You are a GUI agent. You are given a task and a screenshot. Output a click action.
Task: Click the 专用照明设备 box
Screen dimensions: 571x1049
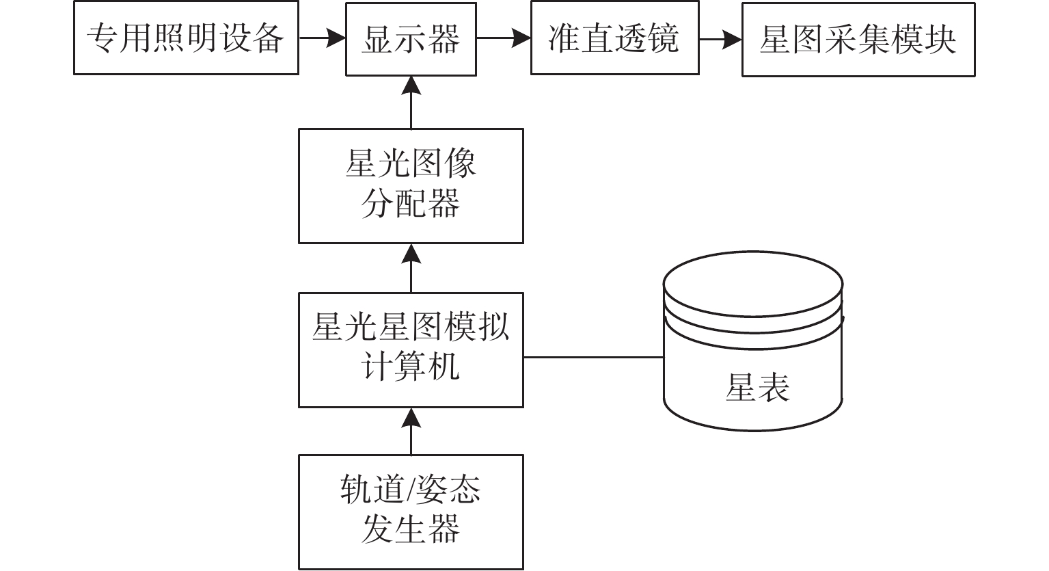coord(186,38)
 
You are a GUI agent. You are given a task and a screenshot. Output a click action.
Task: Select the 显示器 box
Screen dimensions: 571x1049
coord(411,38)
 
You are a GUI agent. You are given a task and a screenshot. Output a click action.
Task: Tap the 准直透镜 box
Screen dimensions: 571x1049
coord(614,38)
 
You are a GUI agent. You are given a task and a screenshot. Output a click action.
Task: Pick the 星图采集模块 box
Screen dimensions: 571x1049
coord(858,38)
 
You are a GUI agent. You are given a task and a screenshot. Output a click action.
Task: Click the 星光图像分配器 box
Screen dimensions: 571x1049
coord(411,185)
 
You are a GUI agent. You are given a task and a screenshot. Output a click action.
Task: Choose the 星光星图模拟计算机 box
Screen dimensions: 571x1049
coord(411,349)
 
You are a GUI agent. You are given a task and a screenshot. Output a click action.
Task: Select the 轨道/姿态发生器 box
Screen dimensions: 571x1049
coord(411,512)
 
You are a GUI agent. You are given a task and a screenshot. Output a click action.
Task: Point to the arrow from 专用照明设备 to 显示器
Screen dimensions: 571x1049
coord(322,38)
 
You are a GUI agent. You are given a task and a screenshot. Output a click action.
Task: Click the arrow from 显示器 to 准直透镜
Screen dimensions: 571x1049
coord(504,38)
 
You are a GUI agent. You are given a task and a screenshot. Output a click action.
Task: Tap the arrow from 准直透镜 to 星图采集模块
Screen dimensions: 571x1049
coord(720,38)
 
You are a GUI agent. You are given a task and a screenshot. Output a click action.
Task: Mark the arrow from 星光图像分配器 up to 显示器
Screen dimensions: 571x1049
coord(411,103)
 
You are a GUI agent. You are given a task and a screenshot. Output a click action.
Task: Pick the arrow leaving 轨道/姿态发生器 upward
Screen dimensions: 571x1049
coord(411,431)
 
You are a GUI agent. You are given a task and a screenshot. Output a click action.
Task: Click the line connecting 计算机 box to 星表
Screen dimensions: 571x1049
coord(593,357)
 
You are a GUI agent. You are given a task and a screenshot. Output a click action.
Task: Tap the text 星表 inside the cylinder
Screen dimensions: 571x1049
coord(757,387)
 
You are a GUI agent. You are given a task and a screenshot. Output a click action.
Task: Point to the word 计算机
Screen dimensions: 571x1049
coord(410,368)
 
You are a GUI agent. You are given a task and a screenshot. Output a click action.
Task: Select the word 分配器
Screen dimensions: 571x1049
coord(410,204)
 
